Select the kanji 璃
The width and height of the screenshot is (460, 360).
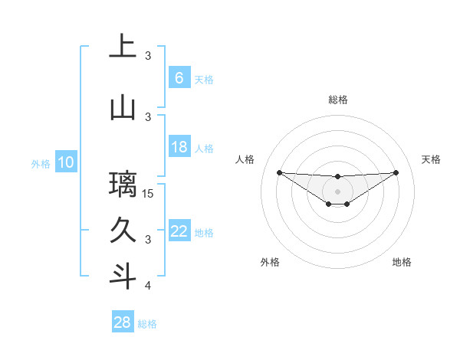[x=123, y=185]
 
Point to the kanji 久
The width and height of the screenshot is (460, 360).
[x=123, y=230]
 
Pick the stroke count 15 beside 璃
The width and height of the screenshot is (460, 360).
[x=149, y=193]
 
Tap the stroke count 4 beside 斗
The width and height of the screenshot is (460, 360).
[x=148, y=286]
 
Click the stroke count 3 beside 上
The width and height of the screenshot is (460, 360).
[x=148, y=55]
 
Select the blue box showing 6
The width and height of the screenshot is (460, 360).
[x=179, y=77]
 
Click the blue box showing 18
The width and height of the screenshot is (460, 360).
[x=179, y=147]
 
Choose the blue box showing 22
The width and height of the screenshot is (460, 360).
[x=179, y=231]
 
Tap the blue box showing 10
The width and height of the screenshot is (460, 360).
[x=66, y=162]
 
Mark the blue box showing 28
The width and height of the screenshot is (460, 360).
[x=123, y=322]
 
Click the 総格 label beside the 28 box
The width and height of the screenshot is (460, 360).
[x=147, y=324]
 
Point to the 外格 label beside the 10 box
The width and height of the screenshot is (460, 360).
[x=41, y=163]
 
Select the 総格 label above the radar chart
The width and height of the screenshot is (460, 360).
[x=337, y=100]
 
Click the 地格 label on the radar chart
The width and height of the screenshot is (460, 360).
[x=402, y=262]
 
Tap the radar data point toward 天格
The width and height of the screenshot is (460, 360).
[x=396, y=172]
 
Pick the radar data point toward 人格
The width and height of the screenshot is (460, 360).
[x=279, y=172]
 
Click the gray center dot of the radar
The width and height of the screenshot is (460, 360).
[x=337, y=191]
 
